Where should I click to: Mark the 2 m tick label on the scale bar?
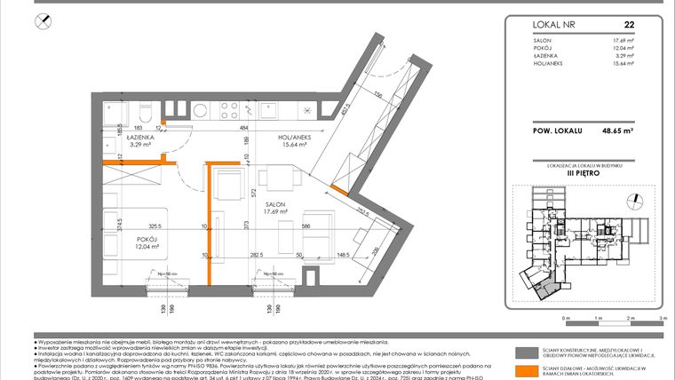pyautogui.click(x=629, y=317)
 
